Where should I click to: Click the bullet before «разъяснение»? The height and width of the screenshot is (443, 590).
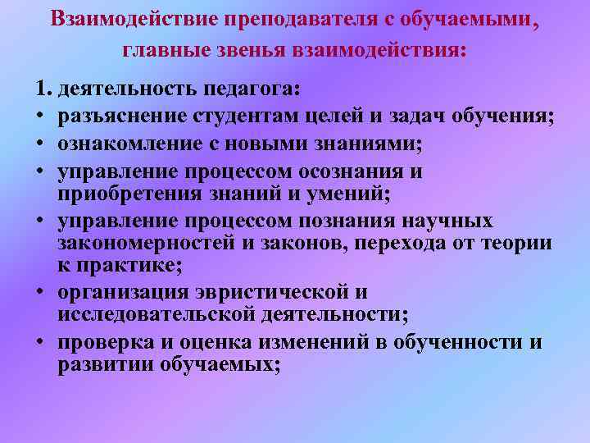tap(40, 117)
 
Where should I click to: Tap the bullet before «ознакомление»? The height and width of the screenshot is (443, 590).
tap(40, 147)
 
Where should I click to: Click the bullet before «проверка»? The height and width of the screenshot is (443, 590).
tap(40, 344)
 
